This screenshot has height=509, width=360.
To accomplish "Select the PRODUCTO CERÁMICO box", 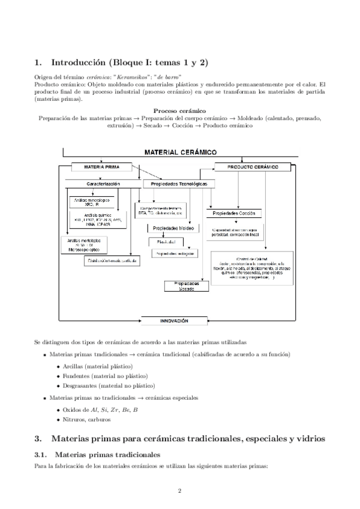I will (x=253, y=167).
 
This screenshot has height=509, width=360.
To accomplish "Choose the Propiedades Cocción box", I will (x=235, y=213).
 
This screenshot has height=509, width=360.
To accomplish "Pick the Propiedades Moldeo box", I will (x=173, y=228).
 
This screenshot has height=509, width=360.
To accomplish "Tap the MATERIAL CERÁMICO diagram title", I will (x=179, y=152).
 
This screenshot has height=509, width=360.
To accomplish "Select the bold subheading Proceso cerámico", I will (x=180, y=111).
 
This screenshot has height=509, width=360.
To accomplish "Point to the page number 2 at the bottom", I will (x=179, y=491).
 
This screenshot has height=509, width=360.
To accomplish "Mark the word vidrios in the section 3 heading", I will (x=310, y=439).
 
